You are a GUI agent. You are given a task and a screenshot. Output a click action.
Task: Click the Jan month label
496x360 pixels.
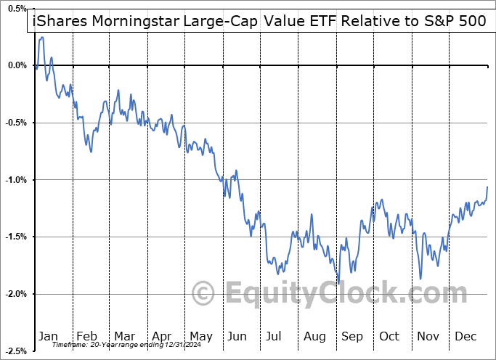tap(48, 337)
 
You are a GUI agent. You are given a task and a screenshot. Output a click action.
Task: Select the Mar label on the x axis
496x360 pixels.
tap(123, 337)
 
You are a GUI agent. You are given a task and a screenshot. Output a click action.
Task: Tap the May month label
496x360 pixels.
tap(200, 337)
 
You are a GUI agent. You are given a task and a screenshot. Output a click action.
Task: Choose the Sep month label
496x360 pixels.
tap(352, 337)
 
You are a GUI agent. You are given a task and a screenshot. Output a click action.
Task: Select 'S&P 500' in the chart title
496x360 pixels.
tap(455, 22)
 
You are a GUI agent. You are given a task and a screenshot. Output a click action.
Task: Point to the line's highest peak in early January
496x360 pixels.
tap(41, 37)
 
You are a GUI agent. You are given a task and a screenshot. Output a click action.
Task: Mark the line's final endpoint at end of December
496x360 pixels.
tap(487, 187)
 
